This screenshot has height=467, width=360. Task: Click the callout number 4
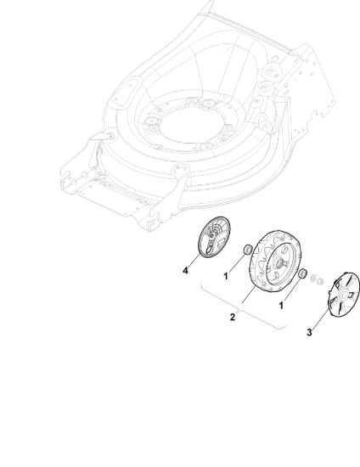click(x=185, y=271)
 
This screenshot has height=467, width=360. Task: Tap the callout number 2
click(x=233, y=318)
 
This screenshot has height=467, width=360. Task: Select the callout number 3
click(x=309, y=332)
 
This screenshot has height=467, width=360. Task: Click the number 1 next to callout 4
click(x=226, y=276)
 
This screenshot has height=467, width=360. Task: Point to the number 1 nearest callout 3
click(x=281, y=306)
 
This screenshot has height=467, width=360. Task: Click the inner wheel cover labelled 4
click(x=214, y=237)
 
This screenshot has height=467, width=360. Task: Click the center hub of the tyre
click(x=280, y=263)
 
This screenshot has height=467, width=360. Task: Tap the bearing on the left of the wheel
click(x=247, y=250)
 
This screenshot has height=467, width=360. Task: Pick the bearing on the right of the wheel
click(x=302, y=273)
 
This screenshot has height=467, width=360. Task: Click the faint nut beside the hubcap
click(x=319, y=281)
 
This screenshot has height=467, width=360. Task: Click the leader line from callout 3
click(x=321, y=318)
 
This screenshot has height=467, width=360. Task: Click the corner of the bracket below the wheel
click(x=279, y=329)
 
